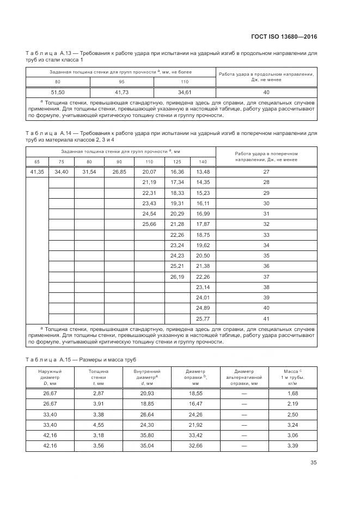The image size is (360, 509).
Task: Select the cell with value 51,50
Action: (58, 92)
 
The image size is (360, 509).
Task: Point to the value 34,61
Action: (185, 92)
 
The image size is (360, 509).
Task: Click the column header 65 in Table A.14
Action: (37, 162)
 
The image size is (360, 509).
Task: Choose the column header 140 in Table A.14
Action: (203, 162)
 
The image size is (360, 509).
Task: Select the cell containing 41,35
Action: (37, 172)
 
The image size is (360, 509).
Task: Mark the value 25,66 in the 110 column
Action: (149, 224)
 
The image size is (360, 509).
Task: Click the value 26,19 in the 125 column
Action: (177, 277)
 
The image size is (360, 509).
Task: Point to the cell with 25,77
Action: (203, 318)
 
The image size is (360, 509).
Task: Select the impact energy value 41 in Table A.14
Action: (266, 318)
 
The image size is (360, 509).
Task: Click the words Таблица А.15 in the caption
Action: (45, 360)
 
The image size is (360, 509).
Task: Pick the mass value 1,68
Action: (292, 393)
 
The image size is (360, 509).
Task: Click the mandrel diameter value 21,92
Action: (196, 424)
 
